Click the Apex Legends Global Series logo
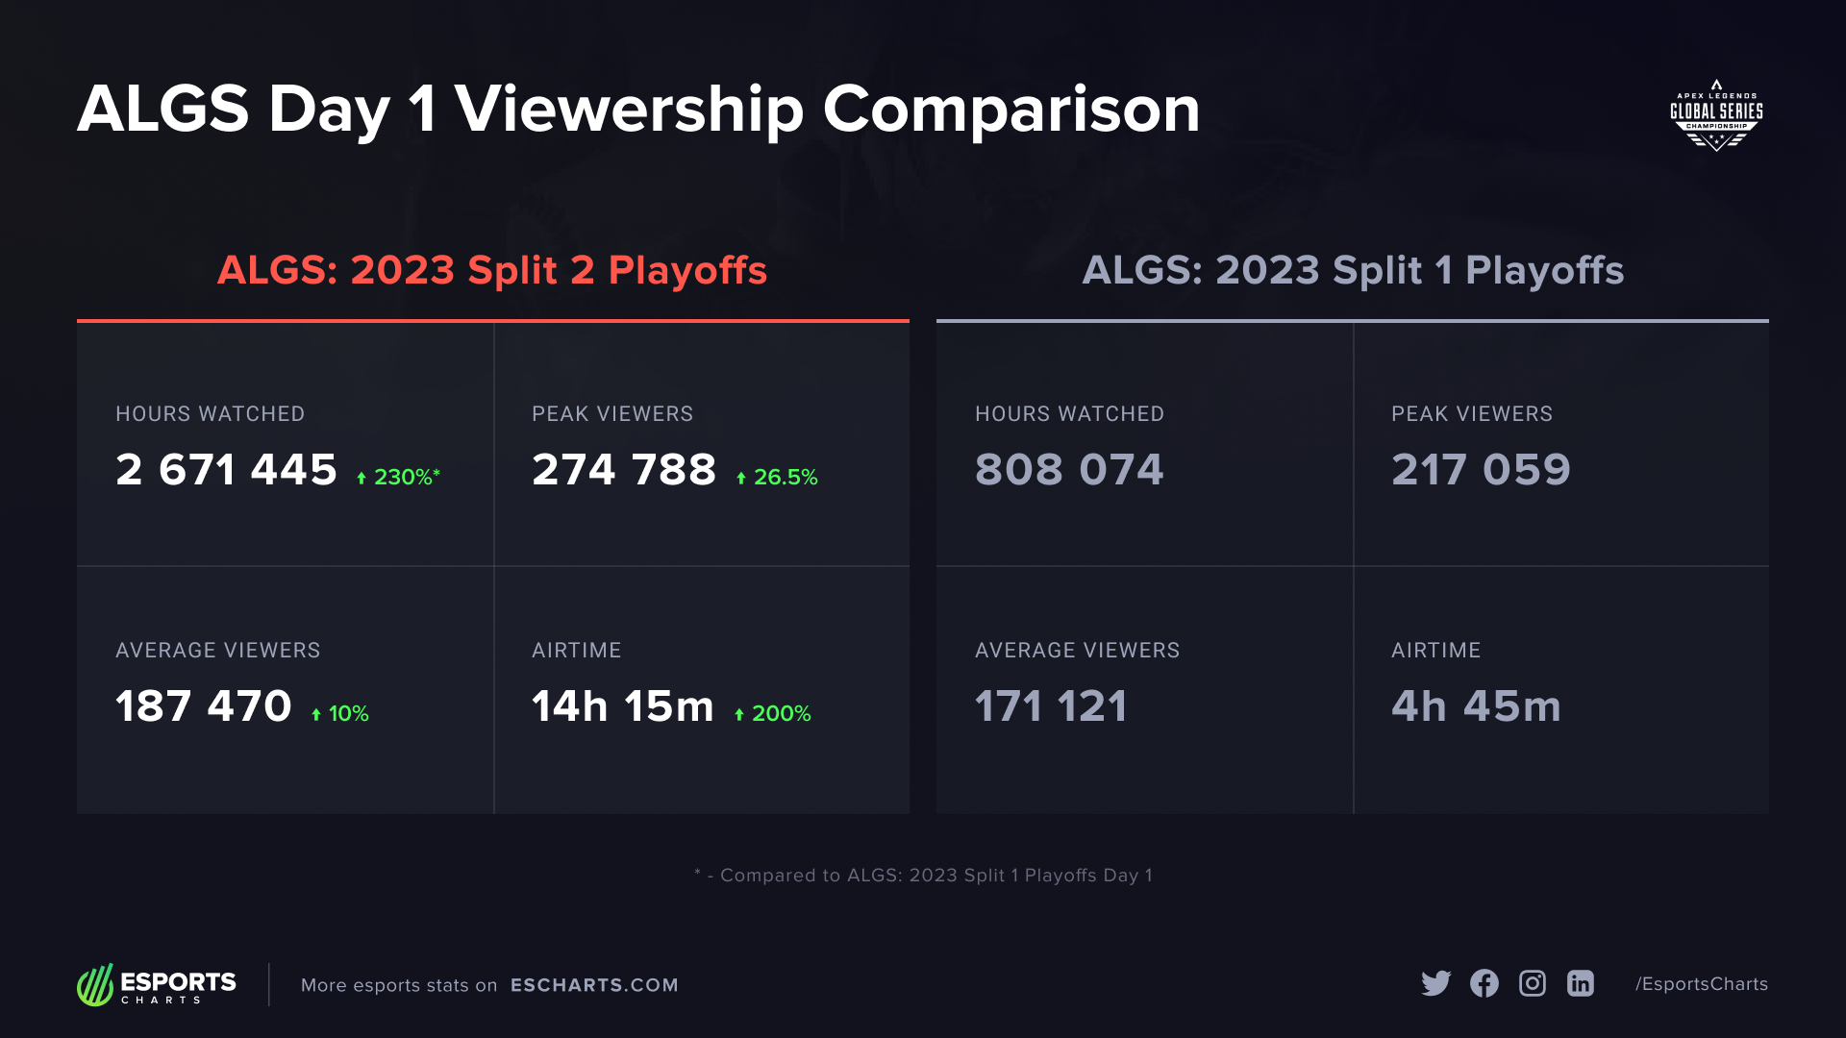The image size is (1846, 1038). point(1716,115)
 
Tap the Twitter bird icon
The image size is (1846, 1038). point(1435,983)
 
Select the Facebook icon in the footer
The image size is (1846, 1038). point(1484,983)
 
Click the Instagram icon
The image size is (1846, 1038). point(1532,983)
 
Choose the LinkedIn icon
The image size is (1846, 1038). point(1580,983)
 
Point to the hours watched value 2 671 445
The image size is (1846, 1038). point(226,470)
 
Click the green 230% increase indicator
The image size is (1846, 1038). point(398,477)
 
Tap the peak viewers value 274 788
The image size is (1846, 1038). point(624,470)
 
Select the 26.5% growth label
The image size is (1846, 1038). point(777,477)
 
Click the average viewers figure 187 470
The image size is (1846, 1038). point(203,706)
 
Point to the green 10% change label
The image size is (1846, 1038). point(340,713)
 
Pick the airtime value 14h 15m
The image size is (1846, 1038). point(622,706)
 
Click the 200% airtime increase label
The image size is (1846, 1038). point(773,713)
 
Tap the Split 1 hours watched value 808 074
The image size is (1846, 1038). point(1069,470)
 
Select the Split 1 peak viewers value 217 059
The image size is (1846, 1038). point(1481,470)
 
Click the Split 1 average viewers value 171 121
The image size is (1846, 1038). point(1051,706)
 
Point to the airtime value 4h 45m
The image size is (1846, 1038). point(1476,706)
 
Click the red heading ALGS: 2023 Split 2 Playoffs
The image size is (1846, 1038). point(492,270)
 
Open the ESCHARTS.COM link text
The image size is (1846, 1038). point(594,985)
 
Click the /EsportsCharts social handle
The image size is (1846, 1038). point(1702,984)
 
